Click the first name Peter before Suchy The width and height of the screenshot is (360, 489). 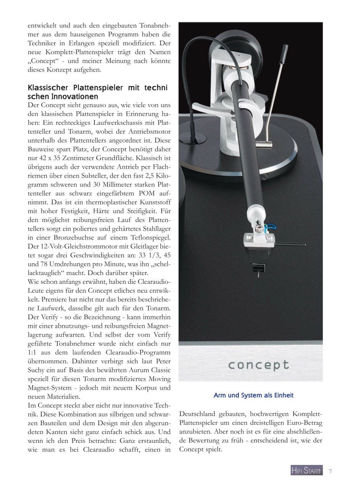[162, 361]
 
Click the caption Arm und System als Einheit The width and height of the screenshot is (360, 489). [253, 395]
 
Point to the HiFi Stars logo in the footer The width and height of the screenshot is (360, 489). [306, 471]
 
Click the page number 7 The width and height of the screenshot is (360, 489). [330, 471]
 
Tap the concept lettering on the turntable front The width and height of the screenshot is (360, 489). [259, 365]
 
